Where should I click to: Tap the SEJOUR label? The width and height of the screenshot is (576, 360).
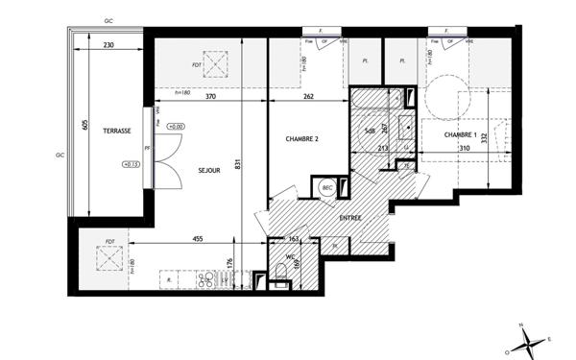click(209, 170)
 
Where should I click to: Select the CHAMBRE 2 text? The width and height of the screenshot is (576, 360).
click(301, 139)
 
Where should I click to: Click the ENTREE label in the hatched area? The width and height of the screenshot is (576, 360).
click(351, 219)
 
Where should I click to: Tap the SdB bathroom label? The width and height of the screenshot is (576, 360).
click(369, 132)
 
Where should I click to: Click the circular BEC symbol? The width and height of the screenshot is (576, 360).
click(327, 188)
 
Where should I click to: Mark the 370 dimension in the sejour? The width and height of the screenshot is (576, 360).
click(209, 96)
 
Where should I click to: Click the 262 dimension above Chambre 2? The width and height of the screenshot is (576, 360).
click(309, 96)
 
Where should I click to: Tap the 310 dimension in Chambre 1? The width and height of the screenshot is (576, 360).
click(465, 149)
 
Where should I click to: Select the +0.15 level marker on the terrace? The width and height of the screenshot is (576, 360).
click(131, 164)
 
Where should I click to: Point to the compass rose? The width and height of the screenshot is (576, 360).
click(528, 338)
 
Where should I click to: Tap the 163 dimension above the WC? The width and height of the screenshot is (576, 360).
click(295, 239)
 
